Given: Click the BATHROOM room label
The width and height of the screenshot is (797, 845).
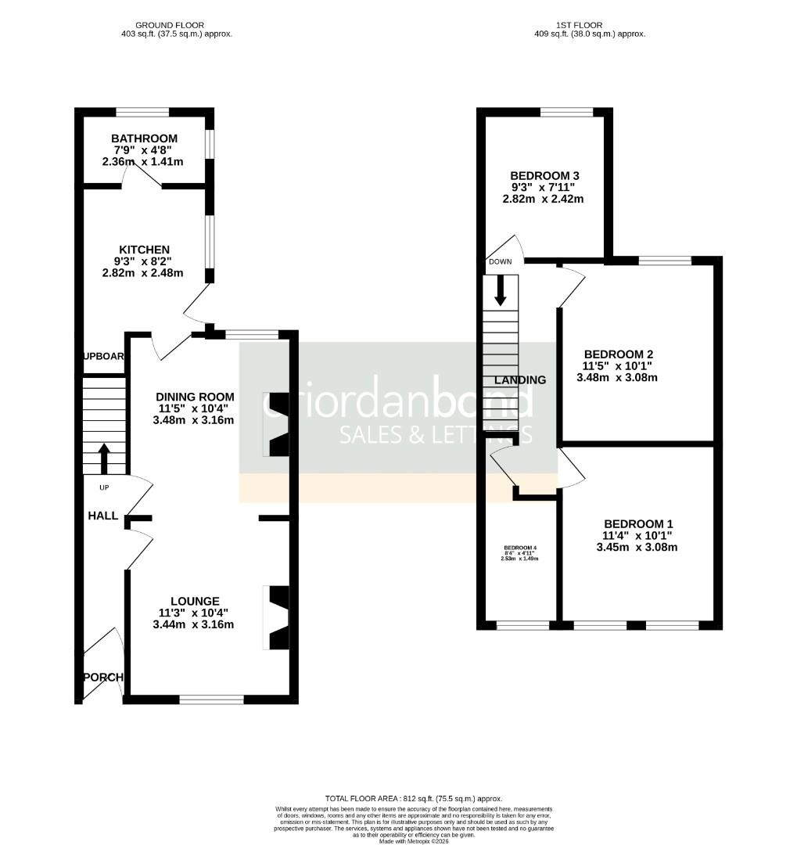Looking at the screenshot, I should coord(144,138).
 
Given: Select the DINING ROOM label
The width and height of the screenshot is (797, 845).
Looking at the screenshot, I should coord(196,397).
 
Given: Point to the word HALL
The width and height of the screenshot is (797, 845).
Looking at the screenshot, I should coord(103,516).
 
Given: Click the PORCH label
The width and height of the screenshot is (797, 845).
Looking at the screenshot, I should coord(104,677).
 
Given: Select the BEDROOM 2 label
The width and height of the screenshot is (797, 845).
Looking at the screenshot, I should coord(617,354).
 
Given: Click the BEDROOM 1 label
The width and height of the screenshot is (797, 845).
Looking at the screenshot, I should coord(637,523).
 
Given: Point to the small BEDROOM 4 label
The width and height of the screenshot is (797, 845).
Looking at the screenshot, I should coord(520,547).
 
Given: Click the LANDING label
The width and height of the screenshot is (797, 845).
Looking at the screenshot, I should coord(520,380).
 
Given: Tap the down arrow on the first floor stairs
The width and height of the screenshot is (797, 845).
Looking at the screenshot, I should coord(501,291).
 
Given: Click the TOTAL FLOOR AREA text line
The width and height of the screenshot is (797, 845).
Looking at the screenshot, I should coord(414,798).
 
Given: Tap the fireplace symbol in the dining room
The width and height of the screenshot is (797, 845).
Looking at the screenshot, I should coord(278,423).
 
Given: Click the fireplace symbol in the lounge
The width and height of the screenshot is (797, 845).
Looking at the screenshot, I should coord(278,617).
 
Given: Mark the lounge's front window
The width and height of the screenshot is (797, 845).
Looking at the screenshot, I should coord(212,699).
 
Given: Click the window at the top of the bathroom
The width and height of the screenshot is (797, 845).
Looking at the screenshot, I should coord(142,112).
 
